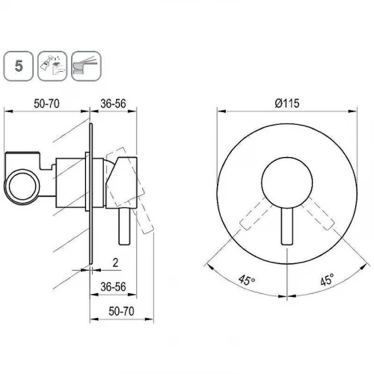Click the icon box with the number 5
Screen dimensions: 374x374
pos(18,66)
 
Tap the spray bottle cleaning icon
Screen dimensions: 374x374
pos(52,66)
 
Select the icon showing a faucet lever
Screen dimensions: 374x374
pos(86,66)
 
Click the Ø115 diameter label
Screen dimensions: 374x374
pos(287,103)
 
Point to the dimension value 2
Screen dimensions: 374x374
pos(115,263)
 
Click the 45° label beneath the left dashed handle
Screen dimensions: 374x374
pos(247,280)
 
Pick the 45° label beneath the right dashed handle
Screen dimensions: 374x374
pos(327,279)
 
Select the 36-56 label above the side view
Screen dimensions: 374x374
pos(113,104)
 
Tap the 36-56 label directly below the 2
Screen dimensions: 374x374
pos(113,287)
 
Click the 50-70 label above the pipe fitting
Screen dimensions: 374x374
pos(46,104)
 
